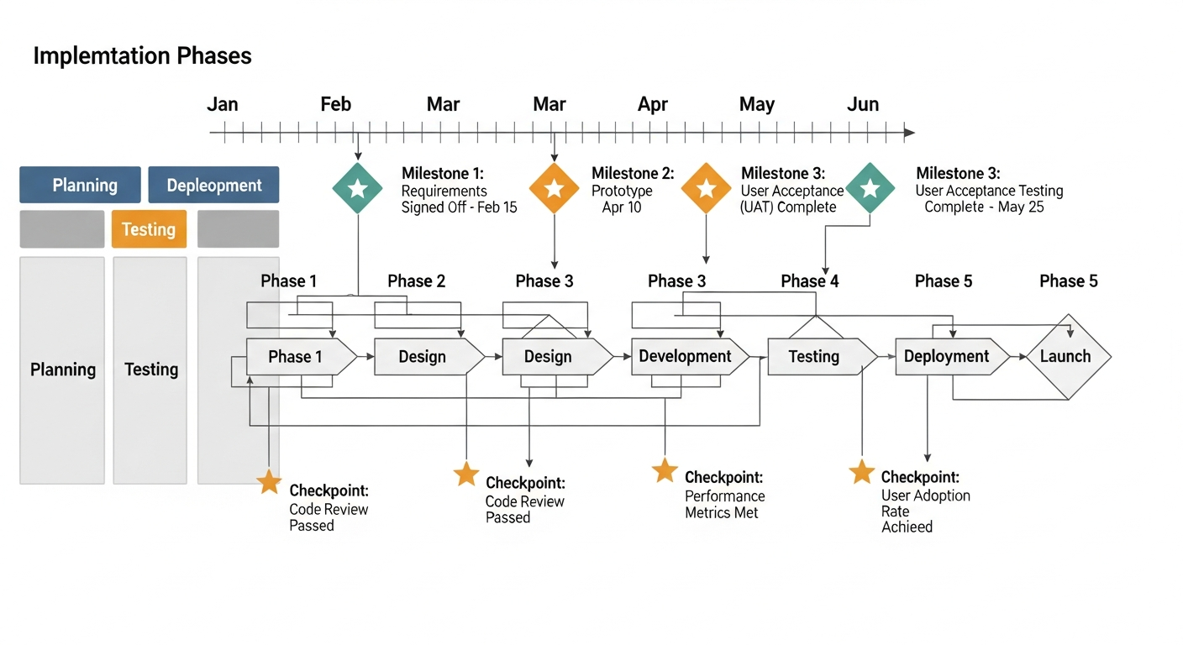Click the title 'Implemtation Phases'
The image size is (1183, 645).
pos(142,56)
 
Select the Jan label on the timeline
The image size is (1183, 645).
pos(223,104)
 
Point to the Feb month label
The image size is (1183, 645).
pos(335,104)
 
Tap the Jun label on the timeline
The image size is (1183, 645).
pos(863,104)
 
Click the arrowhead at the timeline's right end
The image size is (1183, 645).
pos(909,133)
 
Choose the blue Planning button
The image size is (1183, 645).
pos(80,185)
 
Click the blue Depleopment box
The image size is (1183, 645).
pos(213,185)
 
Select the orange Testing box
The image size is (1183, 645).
pos(149,229)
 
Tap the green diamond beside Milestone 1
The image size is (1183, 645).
pos(358,188)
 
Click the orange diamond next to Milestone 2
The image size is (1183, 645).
pos(555,188)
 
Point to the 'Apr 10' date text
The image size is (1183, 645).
pos(621,207)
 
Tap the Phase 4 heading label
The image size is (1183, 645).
pos(809,281)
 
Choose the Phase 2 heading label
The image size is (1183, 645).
pos(416,281)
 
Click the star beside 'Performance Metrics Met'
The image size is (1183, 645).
pos(665,471)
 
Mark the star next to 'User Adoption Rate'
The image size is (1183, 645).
pos(862,472)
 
